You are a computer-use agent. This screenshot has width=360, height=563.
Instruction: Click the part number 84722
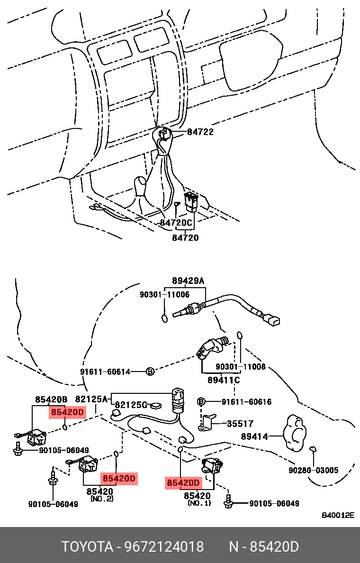(x=200, y=132)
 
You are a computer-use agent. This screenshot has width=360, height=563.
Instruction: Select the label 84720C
(x=176, y=222)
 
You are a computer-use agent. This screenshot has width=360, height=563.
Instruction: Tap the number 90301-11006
(x=164, y=294)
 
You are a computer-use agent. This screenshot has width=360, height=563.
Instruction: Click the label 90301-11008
(x=241, y=367)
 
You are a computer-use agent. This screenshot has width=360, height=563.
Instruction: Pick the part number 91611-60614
(x=105, y=372)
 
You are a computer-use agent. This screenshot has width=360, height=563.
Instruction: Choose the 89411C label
(x=224, y=380)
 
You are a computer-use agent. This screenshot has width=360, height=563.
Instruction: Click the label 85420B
(x=51, y=400)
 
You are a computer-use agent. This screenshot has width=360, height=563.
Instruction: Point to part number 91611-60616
(x=246, y=402)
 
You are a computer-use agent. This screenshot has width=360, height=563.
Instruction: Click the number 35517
(x=240, y=424)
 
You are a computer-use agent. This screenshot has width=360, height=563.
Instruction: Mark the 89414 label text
(x=254, y=436)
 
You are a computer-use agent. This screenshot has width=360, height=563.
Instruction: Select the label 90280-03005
(x=314, y=470)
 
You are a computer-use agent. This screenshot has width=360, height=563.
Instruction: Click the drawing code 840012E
(x=338, y=516)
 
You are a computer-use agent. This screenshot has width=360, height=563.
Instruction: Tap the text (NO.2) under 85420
(x=102, y=499)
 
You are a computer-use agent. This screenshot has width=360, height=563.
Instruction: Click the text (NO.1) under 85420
(x=199, y=502)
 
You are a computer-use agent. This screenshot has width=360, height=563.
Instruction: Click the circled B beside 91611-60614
(x=149, y=372)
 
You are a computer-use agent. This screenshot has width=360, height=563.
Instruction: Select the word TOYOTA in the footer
(x=87, y=547)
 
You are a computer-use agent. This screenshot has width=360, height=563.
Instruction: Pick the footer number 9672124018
(x=164, y=547)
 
